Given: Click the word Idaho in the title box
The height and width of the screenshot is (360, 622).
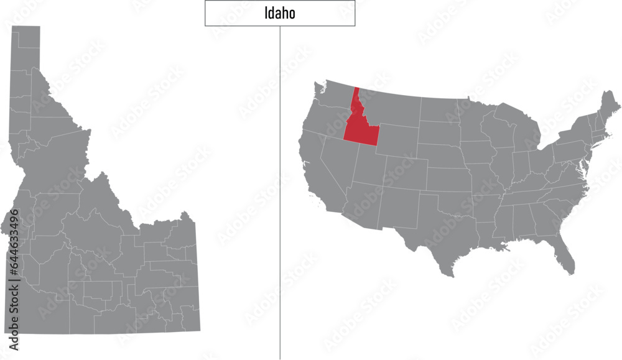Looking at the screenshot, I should (x=279, y=14).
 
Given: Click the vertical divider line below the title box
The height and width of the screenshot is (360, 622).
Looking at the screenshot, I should (x=280, y=187).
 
